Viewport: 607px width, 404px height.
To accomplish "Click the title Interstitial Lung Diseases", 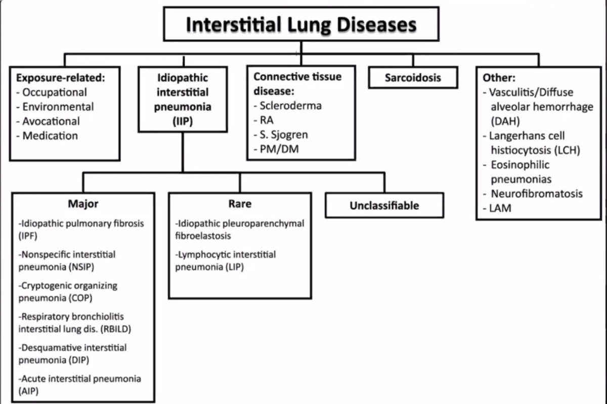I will (301, 24).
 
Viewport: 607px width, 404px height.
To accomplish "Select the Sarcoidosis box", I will (413, 78).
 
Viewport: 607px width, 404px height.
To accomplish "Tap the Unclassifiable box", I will (384, 205).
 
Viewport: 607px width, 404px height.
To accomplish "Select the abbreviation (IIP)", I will (182, 121).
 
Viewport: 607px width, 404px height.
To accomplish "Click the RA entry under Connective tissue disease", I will (263, 120).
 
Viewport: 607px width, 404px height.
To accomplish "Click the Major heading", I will (83, 204).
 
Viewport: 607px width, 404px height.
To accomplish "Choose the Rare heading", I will (240, 204).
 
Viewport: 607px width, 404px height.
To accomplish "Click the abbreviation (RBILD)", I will (118, 329).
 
